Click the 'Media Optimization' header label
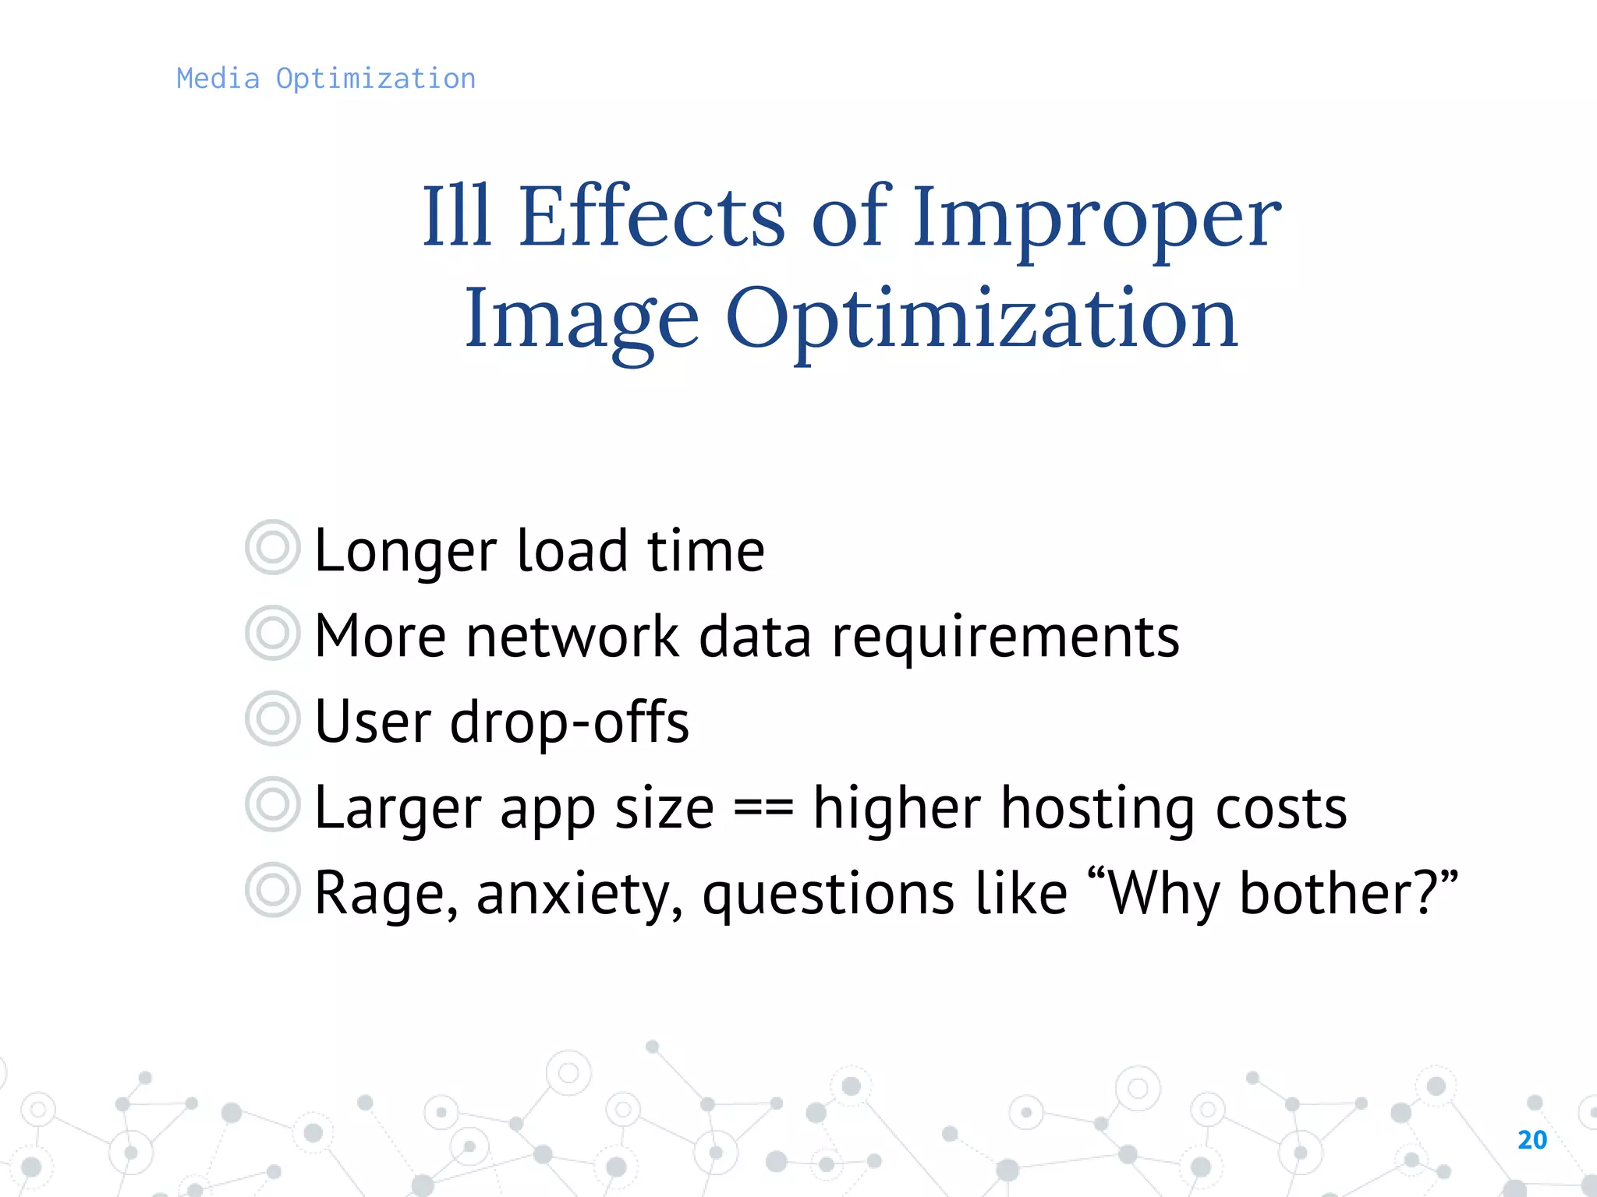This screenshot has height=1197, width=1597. pos(325,79)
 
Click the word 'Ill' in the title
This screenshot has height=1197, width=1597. pos(456,216)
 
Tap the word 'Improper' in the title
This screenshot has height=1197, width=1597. pos(1096,220)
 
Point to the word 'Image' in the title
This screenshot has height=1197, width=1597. pos(581,320)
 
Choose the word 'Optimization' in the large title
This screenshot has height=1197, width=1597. pos(982,320)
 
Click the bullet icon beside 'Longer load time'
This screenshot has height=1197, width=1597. pos(272,547)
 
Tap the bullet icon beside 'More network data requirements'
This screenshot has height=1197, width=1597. pos(272,633)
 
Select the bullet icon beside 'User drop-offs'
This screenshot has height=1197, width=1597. pos(272,719)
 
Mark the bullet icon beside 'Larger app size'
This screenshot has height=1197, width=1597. pos(272,804)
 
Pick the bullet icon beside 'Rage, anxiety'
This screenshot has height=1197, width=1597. pos(272,890)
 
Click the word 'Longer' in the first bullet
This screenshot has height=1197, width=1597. pos(405,552)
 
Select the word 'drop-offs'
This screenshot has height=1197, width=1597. pos(569,723)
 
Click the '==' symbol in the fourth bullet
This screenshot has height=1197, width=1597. pos(763,809)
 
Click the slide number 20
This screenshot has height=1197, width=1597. pos(1532,1140)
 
